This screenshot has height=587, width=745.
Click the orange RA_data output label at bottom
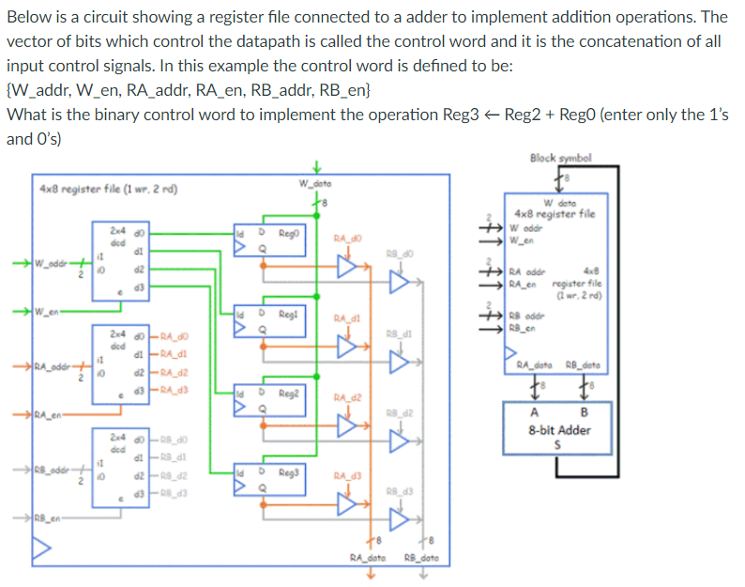click(369, 556)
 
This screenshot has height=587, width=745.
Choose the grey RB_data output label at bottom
click(421, 556)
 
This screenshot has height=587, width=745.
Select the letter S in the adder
click(560, 444)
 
